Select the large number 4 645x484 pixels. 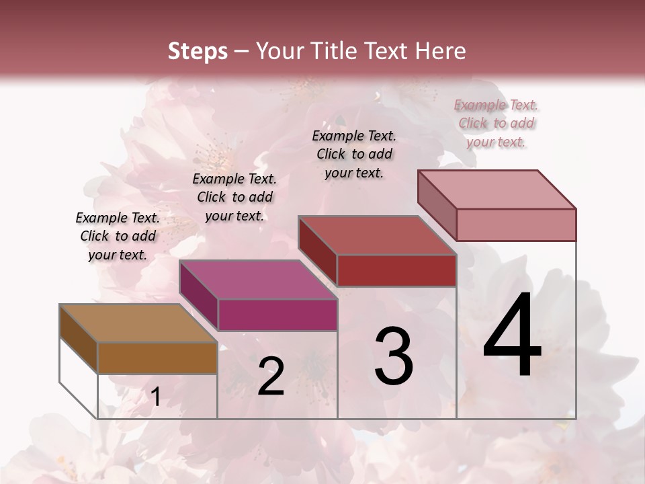pyautogui.click(x=512, y=336)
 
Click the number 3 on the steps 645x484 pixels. pyautogui.click(x=393, y=356)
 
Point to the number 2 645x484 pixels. pyautogui.click(x=271, y=376)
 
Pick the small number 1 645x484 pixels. pyautogui.click(x=155, y=397)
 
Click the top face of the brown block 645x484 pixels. pyautogui.click(x=138, y=323)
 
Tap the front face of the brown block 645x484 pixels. pyautogui.click(x=157, y=358)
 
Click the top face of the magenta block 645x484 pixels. pyautogui.click(x=258, y=280)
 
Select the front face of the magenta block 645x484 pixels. pyautogui.click(x=277, y=315)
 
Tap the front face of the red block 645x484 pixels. pyautogui.click(x=396, y=270)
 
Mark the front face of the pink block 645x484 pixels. pyautogui.click(x=516, y=225)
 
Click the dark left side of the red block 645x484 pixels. pyautogui.click(x=318, y=250)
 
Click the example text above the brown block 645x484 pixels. pyautogui.click(x=118, y=236)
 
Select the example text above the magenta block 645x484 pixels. pyautogui.click(x=234, y=197)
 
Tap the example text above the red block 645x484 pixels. pyautogui.click(x=354, y=154)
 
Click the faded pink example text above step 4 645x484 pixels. pyautogui.click(x=496, y=123)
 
